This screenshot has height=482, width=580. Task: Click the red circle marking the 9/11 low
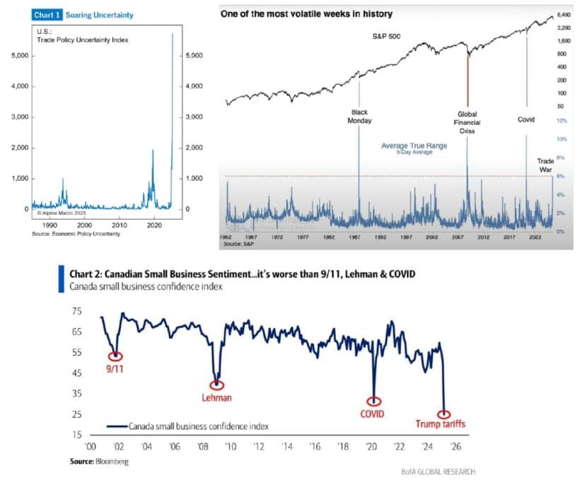(x=115, y=356)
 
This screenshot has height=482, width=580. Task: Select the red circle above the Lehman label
(x=217, y=384)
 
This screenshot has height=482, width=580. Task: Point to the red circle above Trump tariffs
(x=443, y=413)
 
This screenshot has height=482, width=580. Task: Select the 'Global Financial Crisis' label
(x=468, y=122)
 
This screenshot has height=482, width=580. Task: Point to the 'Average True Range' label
(x=410, y=146)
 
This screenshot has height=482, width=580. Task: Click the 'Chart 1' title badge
(x=47, y=14)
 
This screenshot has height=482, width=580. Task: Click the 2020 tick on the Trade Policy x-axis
(x=155, y=224)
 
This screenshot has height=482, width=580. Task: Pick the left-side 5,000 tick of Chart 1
(x=19, y=55)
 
